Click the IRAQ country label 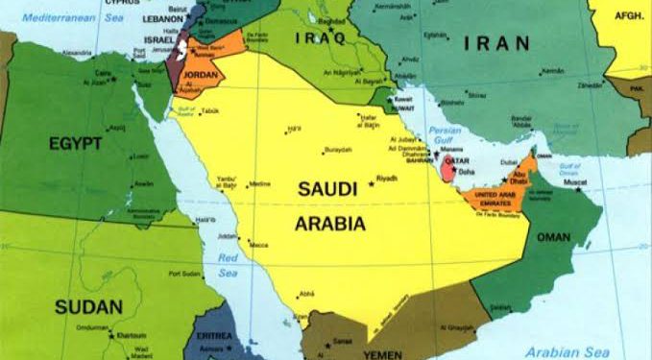pyautogui.click(x=324, y=37)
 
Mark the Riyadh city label pyautogui.click(x=387, y=179)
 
